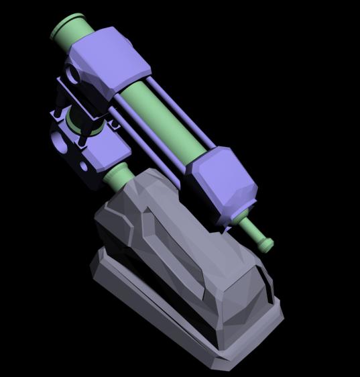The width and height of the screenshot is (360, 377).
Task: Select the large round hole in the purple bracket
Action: (60, 142)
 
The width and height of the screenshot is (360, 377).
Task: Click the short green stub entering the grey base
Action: (117, 178)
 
